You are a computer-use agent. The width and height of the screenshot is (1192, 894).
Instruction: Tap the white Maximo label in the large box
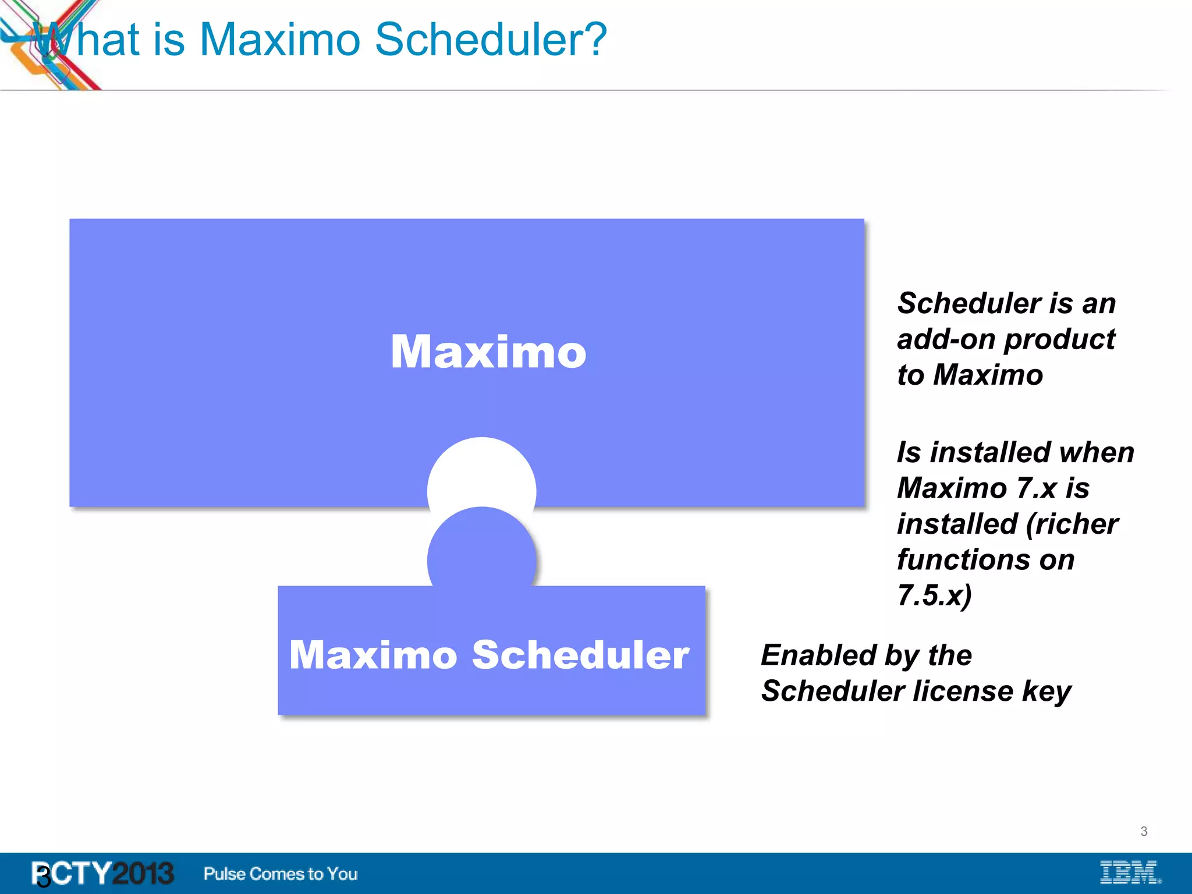tap(488, 352)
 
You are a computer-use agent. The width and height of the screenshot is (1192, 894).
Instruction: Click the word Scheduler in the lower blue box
tap(580, 655)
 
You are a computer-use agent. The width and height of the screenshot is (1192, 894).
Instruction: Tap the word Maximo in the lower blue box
tap(373, 655)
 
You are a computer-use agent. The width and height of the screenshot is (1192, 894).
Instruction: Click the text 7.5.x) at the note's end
tap(934, 595)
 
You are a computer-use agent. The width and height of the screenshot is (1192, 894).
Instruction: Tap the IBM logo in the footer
tap(1130, 872)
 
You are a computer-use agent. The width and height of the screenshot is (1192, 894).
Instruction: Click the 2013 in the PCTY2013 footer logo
tap(143, 873)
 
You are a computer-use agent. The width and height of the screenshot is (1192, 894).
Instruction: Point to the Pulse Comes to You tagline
tap(281, 874)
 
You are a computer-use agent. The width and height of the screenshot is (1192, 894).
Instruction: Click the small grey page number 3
tap(1144, 831)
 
